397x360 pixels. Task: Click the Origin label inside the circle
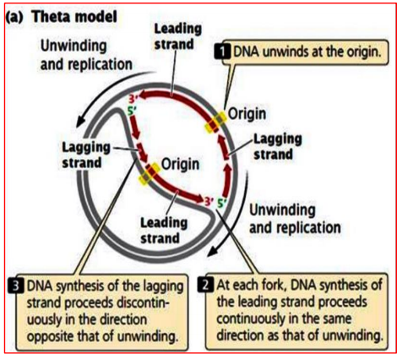pos(181,161)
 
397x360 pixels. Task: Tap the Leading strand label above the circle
pos(177,35)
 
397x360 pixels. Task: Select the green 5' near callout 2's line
pos(221,203)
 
